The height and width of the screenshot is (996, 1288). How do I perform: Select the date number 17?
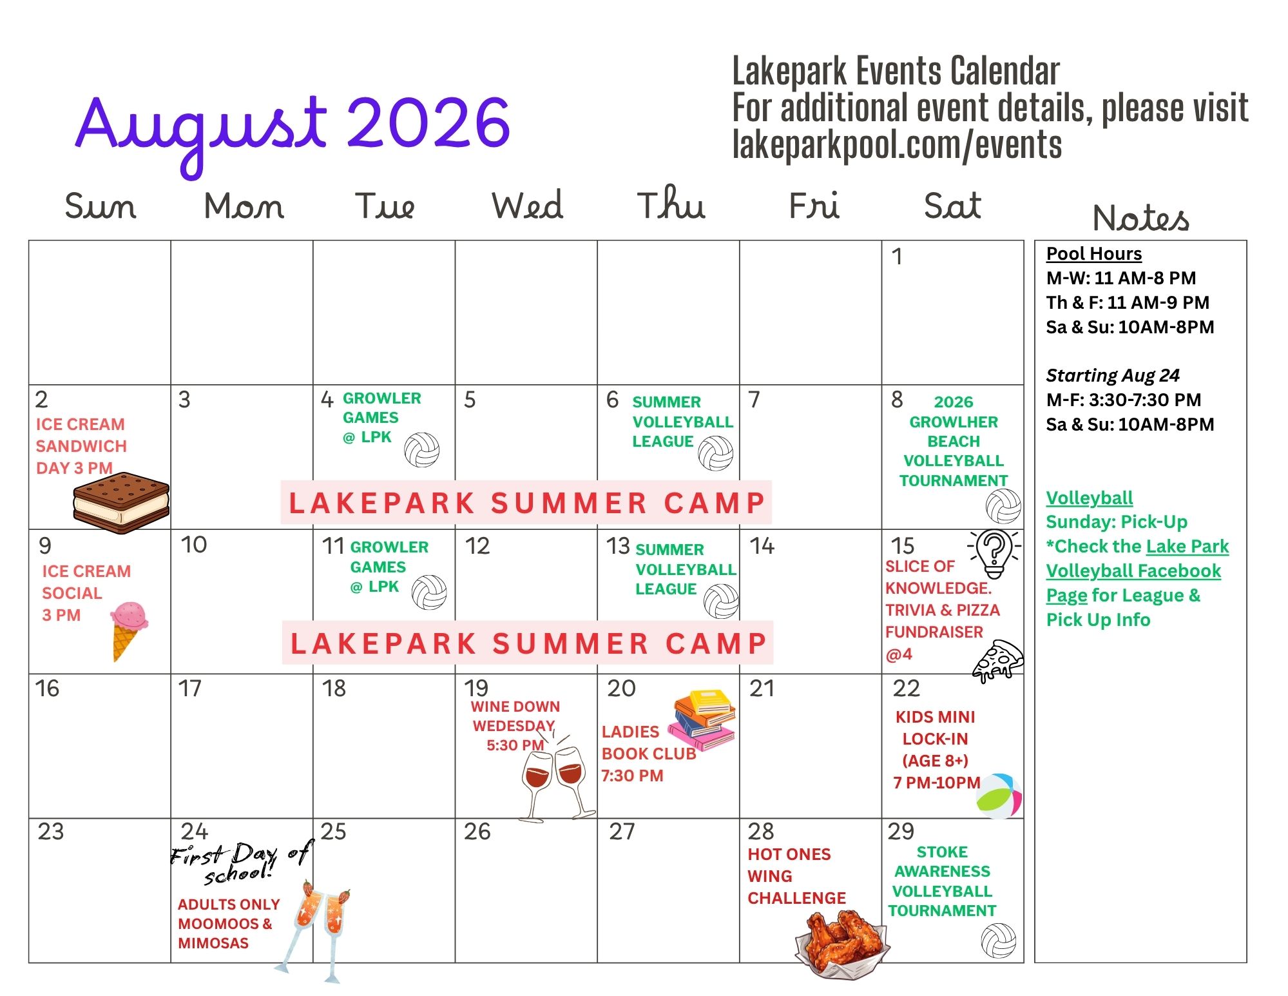coord(190,688)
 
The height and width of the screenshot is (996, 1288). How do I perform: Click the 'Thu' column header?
coord(671,204)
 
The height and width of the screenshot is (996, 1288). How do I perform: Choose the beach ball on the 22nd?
coord(999,796)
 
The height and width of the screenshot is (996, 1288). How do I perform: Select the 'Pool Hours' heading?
coord(1093,254)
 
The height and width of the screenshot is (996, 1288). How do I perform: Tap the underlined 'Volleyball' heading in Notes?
coord(1089,498)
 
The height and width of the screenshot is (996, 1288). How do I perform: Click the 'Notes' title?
coord(1140,217)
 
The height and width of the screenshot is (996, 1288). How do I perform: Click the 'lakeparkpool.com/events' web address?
coord(897,144)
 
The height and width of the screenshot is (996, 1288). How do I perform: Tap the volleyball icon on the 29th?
coord(998,941)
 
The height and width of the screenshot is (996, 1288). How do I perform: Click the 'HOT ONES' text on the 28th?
coord(789,854)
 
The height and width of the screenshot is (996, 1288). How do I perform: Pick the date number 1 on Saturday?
coord(896,257)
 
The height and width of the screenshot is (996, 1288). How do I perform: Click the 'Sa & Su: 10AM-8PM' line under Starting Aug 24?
coord(1130,424)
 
